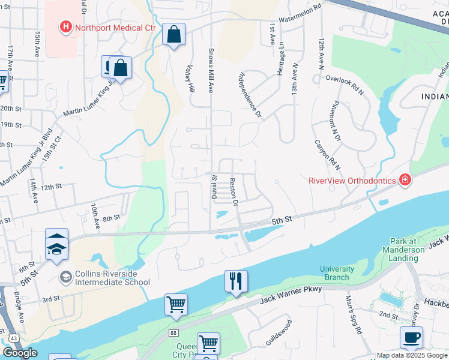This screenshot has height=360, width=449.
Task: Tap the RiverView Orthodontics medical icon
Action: [x=405, y=180]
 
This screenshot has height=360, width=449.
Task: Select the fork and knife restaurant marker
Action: [x=236, y=281]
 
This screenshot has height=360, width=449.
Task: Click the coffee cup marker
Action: [x=411, y=337]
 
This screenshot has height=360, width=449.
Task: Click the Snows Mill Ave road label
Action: [x=211, y=70]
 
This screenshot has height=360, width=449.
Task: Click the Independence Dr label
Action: [x=251, y=94]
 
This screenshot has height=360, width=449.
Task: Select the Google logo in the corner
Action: [x=20, y=353]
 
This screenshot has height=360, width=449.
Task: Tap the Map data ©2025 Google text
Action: [x=411, y=355]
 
